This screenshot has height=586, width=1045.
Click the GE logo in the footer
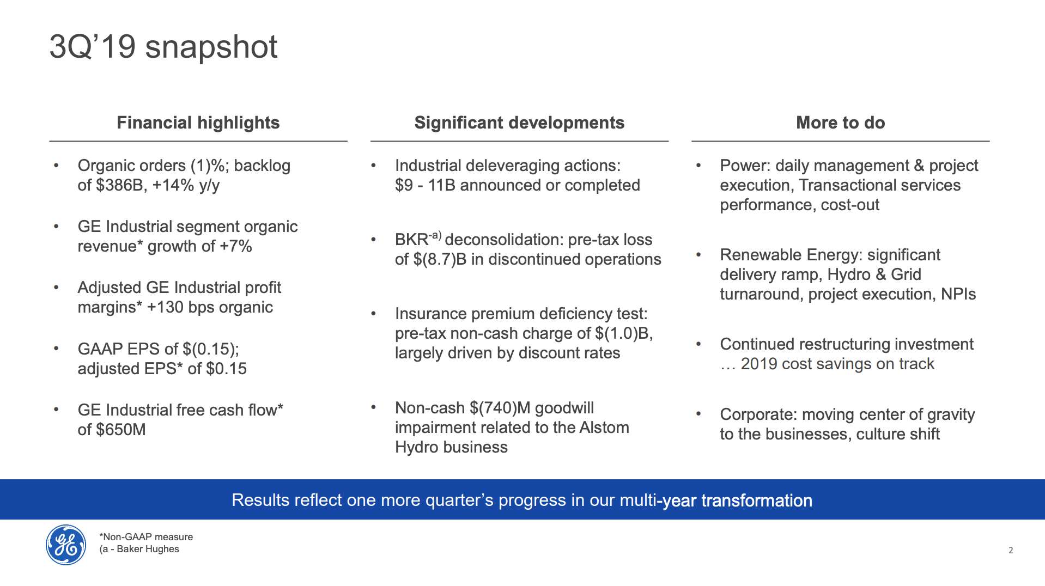pyautogui.click(x=66, y=545)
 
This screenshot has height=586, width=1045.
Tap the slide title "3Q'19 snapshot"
pyautogui.click(x=163, y=47)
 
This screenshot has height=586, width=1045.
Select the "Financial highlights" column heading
pyautogui.click(x=198, y=123)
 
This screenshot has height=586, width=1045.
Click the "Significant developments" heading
pyautogui.click(x=519, y=123)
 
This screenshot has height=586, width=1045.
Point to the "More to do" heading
pyautogui.click(x=841, y=123)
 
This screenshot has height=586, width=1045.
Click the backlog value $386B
pyautogui.click(x=112, y=185)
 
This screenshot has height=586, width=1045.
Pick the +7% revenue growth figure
pyautogui.click(x=236, y=246)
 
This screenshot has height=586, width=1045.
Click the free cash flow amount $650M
pyautogui.click(x=120, y=430)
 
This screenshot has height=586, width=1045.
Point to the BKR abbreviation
pyautogui.click(x=411, y=240)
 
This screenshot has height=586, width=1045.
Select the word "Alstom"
pyautogui.click(x=604, y=428)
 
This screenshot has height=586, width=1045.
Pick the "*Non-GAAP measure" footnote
pyautogui.click(x=146, y=537)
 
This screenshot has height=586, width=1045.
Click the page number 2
pyautogui.click(x=1011, y=551)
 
